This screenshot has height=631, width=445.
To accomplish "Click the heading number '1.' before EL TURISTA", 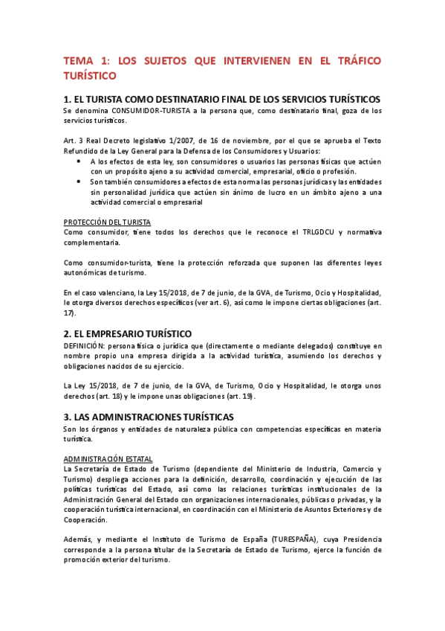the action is [68, 99].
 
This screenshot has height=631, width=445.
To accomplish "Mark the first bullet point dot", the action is [80, 161].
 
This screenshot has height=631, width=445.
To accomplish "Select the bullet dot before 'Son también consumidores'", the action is [80, 182].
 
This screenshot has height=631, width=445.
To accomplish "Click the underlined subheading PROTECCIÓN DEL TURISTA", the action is [107, 222].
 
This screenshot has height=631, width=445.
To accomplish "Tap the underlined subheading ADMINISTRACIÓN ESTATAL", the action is [109, 458].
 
